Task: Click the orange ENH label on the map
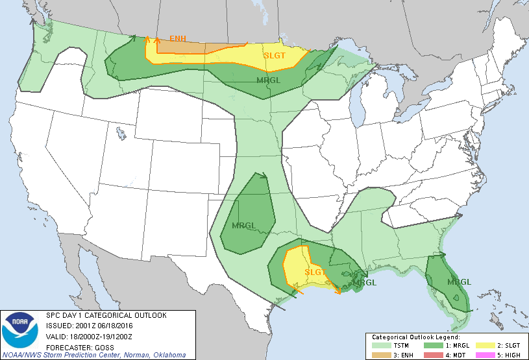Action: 178,39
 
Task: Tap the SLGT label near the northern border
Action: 275,56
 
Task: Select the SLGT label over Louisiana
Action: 315,272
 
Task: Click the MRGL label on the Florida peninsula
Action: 460,282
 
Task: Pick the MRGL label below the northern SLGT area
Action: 268,80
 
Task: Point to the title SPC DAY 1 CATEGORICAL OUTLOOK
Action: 106,315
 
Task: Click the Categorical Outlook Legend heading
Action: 415,337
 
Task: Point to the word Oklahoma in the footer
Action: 166,355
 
